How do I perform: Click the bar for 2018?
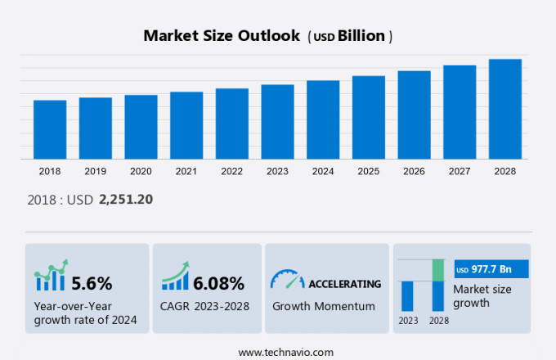[x=50, y=129]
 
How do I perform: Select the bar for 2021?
[x=186, y=125]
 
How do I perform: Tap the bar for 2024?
[x=323, y=119]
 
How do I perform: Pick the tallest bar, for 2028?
[x=505, y=109]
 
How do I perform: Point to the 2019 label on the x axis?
[x=95, y=171]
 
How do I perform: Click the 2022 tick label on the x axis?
[x=231, y=171]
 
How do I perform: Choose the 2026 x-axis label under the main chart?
[x=414, y=171]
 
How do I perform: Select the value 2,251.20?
[x=126, y=199]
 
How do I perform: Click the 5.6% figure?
[x=92, y=283]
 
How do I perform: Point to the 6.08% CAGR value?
[x=218, y=283]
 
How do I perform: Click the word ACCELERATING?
[x=344, y=284]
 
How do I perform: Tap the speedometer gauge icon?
[x=286, y=280]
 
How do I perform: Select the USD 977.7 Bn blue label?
[x=491, y=269]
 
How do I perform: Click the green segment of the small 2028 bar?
[x=438, y=270]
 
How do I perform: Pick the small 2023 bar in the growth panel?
[x=407, y=295]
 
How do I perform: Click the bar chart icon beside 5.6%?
[x=51, y=278]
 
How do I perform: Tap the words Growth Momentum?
[x=323, y=306]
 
